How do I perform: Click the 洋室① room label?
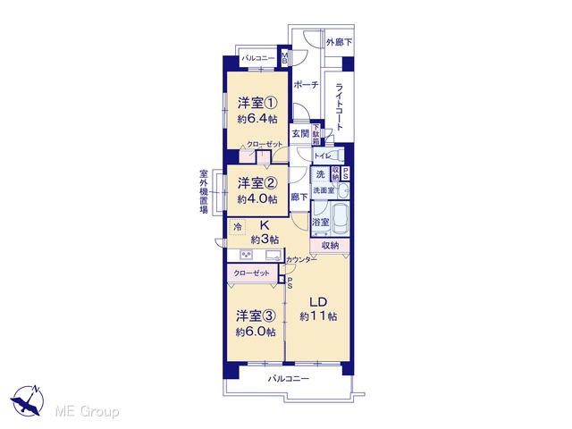point(257,104)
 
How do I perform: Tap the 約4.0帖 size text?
point(257,199)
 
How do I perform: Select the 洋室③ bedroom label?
point(256,315)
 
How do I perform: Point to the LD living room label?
point(318,302)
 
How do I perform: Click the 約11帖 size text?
point(318,316)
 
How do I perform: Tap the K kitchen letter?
point(265,225)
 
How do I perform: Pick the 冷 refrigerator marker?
point(238,227)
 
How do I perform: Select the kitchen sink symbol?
point(274,255)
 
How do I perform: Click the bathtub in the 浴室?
point(340,219)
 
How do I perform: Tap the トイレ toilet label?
point(323,156)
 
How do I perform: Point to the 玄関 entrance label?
point(300,134)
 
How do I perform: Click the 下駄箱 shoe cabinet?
point(315,134)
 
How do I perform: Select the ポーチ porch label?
point(306,85)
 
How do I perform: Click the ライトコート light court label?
point(340,106)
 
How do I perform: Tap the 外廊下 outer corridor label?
point(339,42)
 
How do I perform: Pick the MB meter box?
point(284,57)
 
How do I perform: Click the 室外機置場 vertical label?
point(204,191)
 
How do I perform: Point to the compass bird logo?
point(28,400)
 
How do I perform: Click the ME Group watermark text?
point(87,412)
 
